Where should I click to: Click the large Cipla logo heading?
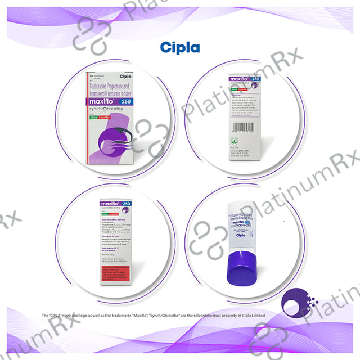pyautogui.click(x=179, y=46)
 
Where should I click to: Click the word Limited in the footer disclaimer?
pyautogui.click(x=257, y=315)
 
